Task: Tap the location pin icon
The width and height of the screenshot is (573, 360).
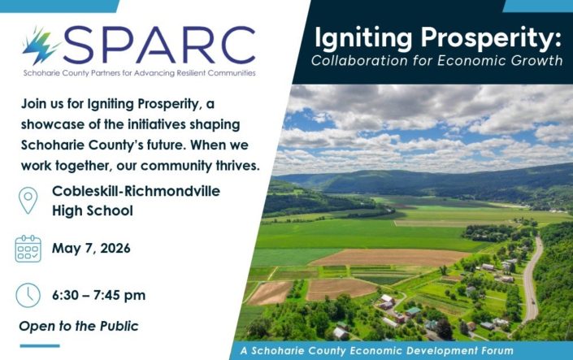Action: [x=28, y=200]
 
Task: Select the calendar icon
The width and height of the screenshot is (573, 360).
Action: [x=28, y=248]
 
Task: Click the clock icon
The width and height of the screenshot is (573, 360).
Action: [x=28, y=294]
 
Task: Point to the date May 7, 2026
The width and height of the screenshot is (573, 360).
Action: [x=91, y=248]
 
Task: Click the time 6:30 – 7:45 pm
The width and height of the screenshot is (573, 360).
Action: [x=99, y=294]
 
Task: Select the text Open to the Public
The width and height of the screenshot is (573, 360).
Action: [x=79, y=326]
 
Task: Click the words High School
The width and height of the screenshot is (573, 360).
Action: [x=93, y=210]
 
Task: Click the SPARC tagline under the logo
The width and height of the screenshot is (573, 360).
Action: [x=138, y=73]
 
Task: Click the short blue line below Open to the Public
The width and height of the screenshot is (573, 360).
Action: [x=39, y=345]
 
